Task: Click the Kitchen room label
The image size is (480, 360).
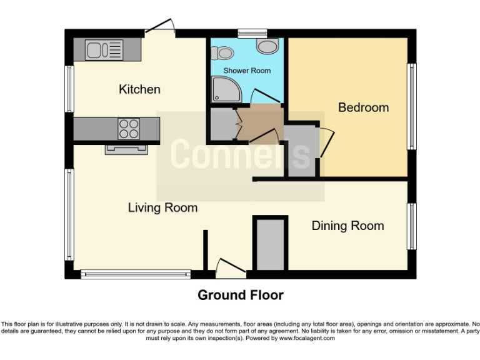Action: click(x=139, y=89)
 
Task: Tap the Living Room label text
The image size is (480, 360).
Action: click(x=162, y=207)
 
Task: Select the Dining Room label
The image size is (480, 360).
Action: click(x=347, y=226)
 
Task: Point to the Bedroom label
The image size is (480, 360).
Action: click(x=363, y=107)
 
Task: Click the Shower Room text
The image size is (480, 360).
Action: click(x=247, y=71)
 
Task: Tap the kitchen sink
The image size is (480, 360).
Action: click(x=104, y=49)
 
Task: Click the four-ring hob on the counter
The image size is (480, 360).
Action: click(x=129, y=129)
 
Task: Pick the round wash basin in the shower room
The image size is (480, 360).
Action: click(x=267, y=46)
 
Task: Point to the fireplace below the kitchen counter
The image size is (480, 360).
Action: click(x=127, y=149)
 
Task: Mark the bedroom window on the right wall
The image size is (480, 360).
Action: click(x=412, y=106)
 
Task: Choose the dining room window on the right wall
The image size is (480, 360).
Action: click(x=412, y=226)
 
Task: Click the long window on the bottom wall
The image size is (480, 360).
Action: click(x=136, y=274)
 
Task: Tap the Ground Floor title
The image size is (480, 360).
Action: click(x=241, y=295)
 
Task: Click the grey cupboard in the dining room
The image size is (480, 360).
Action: click(x=270, y=244)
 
